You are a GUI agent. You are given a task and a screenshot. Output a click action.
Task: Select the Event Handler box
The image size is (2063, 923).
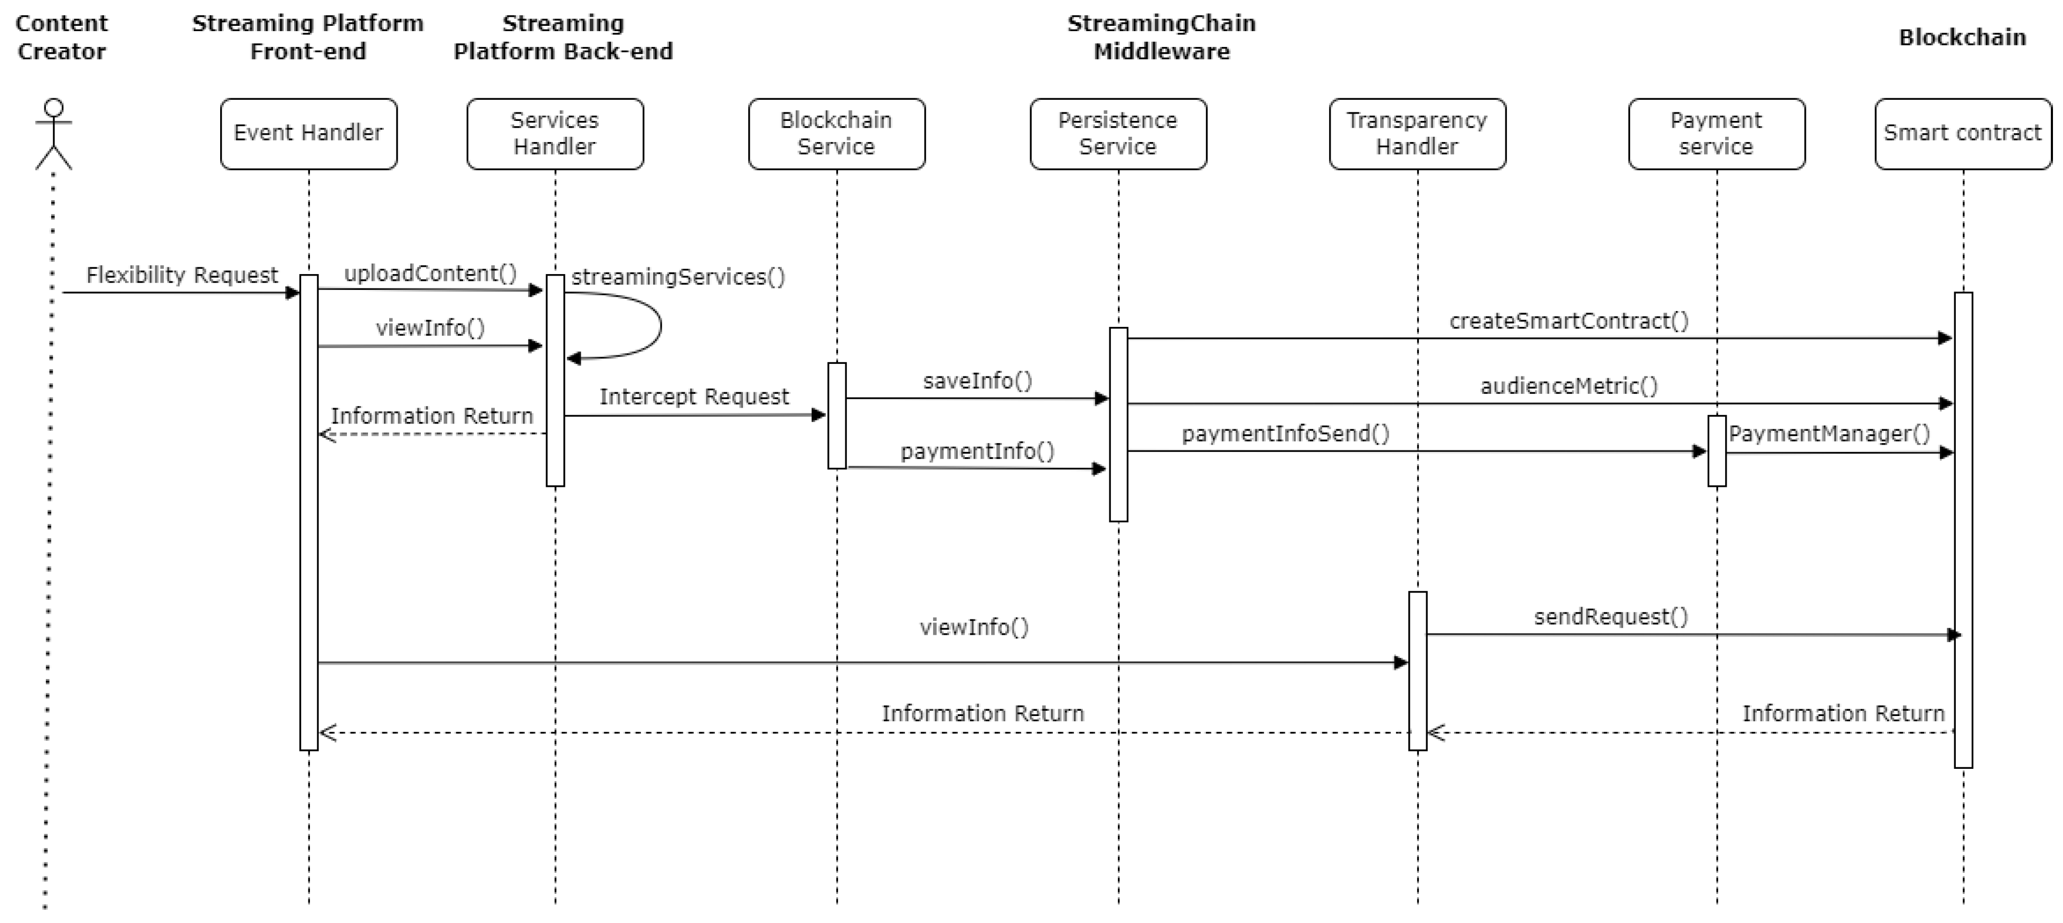coord(308,134)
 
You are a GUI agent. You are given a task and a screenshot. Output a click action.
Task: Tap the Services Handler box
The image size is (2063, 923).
coord(554,134)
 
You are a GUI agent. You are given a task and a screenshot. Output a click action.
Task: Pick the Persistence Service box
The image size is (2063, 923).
coord(1118,134)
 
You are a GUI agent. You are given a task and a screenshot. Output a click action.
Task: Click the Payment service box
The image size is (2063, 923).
coord(1716,134)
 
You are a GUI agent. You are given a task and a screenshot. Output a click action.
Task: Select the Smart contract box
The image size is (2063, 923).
coord(1962,134)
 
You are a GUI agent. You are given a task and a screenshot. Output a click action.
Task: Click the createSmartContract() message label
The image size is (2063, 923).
coord(1568,321)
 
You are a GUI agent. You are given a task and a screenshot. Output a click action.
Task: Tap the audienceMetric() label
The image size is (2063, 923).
coord(1568,387)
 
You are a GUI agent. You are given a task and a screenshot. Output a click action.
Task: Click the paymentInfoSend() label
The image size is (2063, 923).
coord(1285,434)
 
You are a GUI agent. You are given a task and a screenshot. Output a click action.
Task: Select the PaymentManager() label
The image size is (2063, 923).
coord(1829,434)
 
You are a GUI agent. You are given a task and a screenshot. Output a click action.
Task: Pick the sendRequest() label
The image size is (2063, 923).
coord(1610,616)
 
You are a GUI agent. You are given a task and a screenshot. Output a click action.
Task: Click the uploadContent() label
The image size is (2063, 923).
coord(430,274)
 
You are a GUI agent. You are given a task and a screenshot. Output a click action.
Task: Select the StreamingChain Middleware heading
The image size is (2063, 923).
coord(1161,37)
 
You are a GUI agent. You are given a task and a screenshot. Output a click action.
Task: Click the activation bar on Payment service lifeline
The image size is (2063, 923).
coord(1716,451)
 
